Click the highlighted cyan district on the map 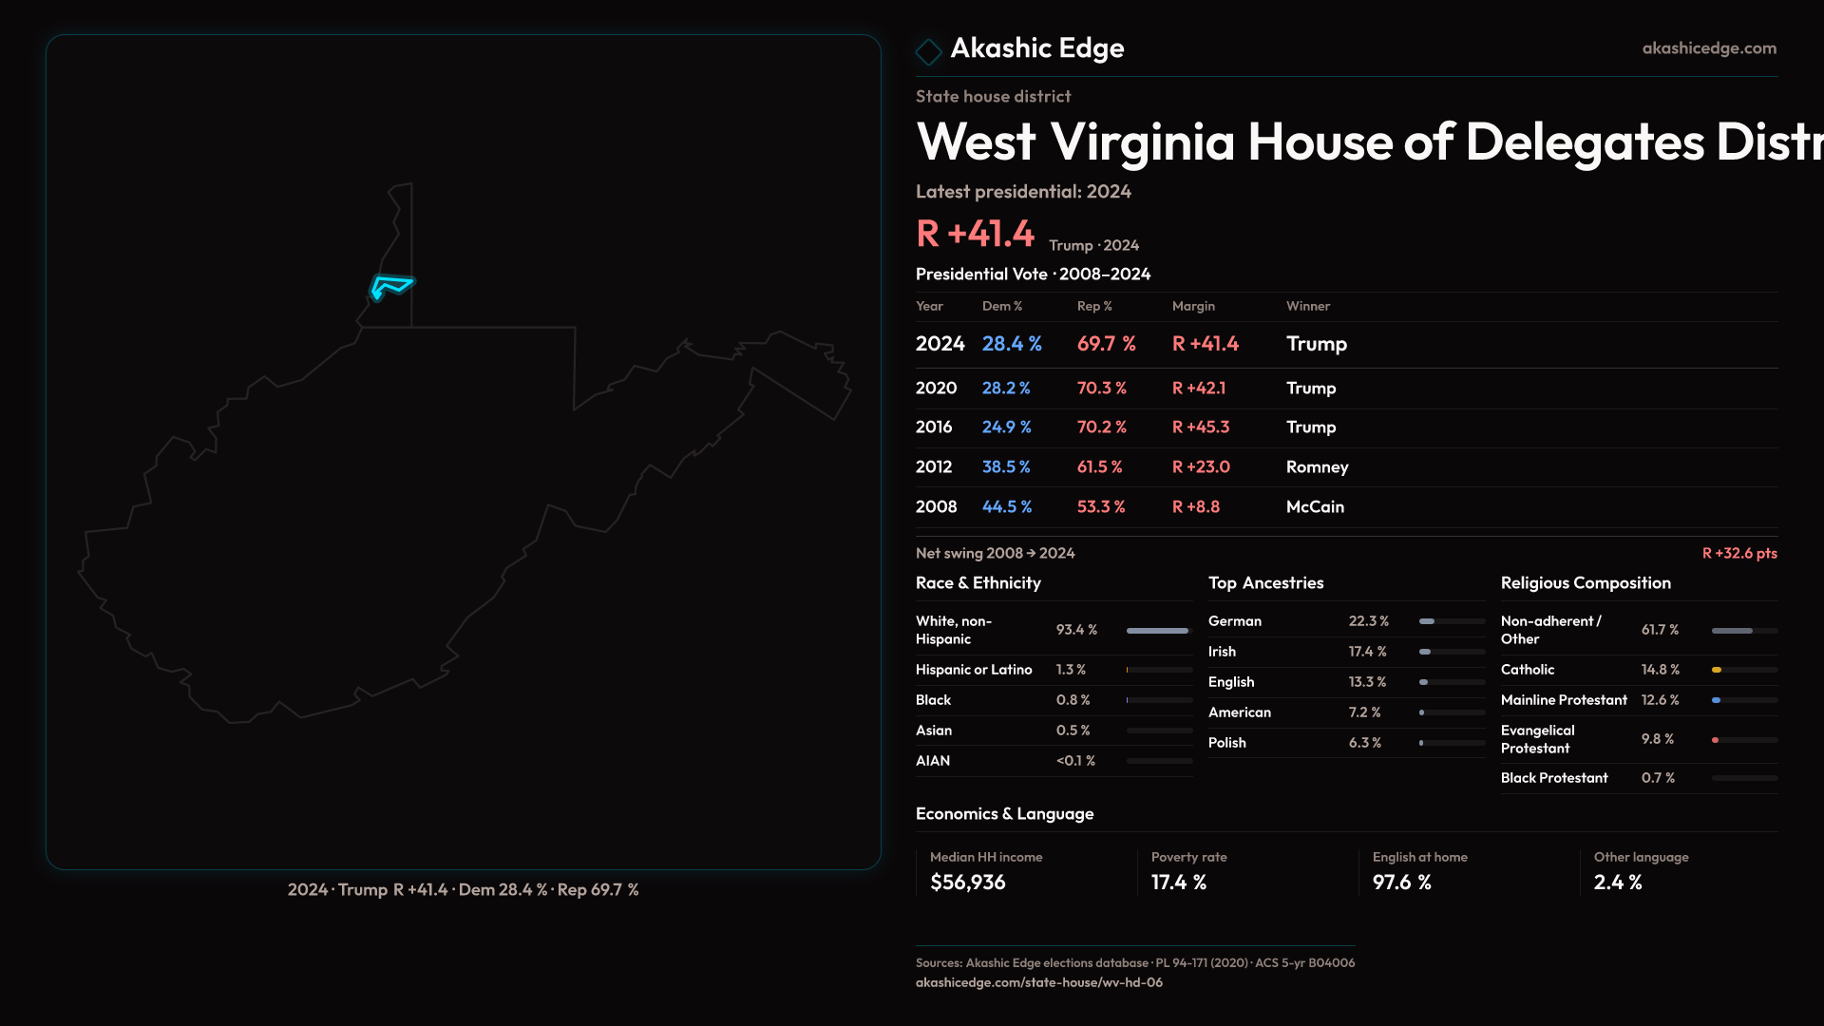390,285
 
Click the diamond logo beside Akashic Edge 928,51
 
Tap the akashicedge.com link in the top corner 1708,48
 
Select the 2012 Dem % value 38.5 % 1005,467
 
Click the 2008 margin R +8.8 1195,507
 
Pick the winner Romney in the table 1317,467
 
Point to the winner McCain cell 1315,507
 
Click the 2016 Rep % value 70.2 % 1101,427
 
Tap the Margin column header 1193,306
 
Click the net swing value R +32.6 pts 1738,553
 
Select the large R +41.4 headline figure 975,234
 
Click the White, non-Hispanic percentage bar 1158,631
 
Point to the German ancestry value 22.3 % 1368,621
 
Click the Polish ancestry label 1226,743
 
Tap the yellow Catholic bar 1717,670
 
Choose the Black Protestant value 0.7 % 1658,778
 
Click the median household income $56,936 967,883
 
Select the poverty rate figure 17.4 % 1178,883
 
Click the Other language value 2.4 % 1618,883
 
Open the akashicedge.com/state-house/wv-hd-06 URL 1038,982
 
